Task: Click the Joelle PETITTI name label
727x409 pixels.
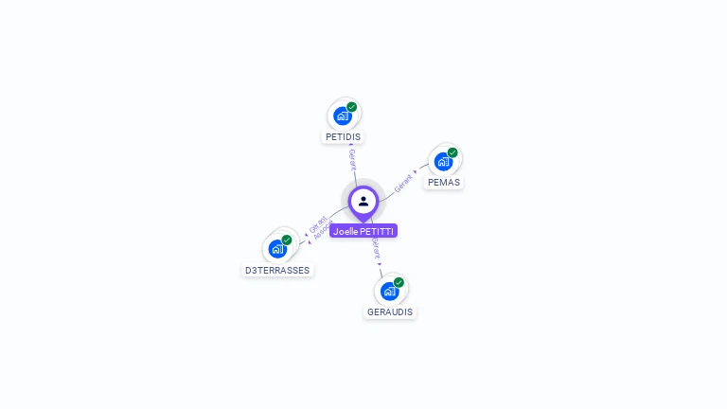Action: pyautogui.click(x=363, y=231)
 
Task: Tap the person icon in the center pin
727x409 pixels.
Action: pyautogui.click(x=363, y=201)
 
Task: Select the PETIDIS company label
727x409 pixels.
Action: pyautogui.click(x=343, y=136)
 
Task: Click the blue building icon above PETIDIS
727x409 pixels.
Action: pyautogui.click(x=343, y=116)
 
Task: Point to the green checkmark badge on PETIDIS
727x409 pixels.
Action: pyautogui.click(x=352, y=107)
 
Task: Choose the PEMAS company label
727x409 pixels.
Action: pyautogui.click(x=444, y=182)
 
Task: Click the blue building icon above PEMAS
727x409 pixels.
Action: pyautogui.click(x=443, y=161)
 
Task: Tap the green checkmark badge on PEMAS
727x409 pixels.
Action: pyautogui.click(x=452, y=152)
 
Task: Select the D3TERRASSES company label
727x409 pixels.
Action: pyautogui.click(x=277, y=270)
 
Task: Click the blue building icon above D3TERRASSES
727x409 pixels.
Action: pyautogui.click(x=277, y=248)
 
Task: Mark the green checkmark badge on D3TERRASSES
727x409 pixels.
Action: pyautogui.click(x=287, y=240)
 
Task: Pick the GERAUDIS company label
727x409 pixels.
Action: pyautogui.click(x=390, y=311)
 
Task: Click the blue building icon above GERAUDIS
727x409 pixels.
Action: pyautogui.click(x=389, y=291)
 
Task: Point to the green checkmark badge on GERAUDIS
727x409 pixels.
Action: pyautogui.click(x=399, y=282)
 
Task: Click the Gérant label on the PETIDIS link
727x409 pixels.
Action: pyautogui.click(x=352, y=158)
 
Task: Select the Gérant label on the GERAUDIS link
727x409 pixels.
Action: pyautogui.click(x=376, y=249)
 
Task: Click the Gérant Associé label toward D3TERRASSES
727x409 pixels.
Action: pyautogui.click(x=320, y=228)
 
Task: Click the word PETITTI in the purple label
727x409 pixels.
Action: pyautogui.click(x=378, y=231)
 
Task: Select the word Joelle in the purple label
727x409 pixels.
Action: pyautogui.click(x=346, y=231)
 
